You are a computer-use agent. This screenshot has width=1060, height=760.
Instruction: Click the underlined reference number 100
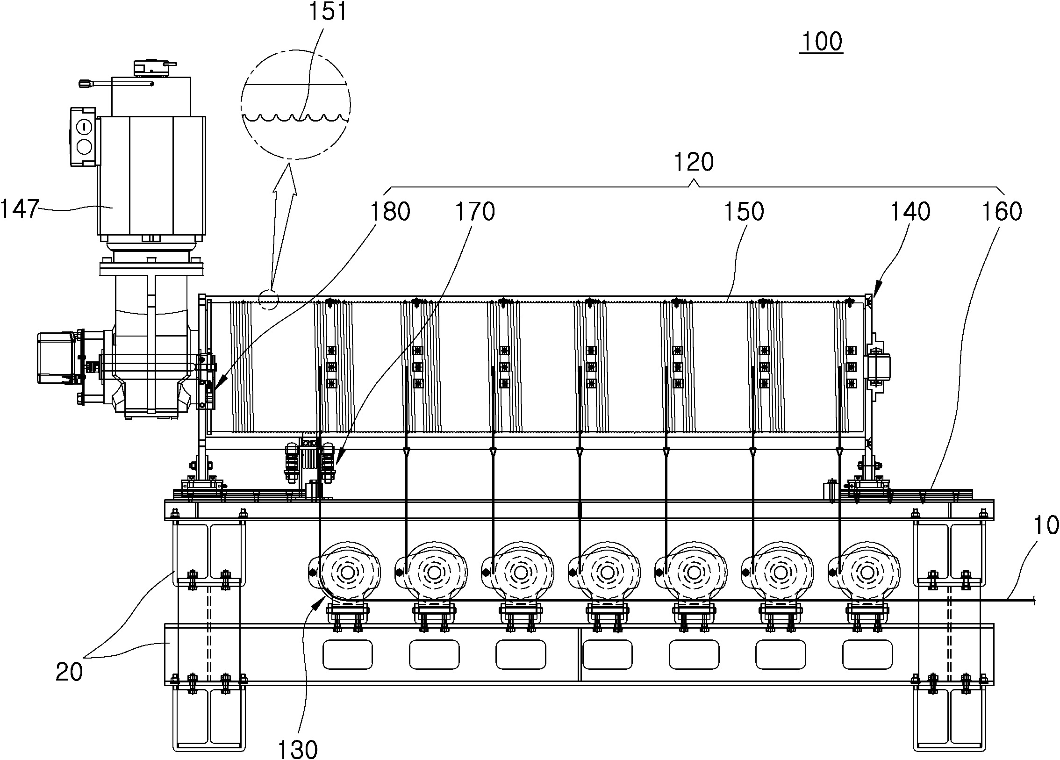(x=821, y=42)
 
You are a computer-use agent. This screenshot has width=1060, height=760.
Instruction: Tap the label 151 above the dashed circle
(x=328, y=11)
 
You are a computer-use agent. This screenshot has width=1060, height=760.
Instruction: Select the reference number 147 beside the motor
(x=19, y=208)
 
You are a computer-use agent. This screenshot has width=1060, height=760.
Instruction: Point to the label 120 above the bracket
(x=694, y=163)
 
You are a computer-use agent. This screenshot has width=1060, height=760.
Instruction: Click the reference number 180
(x=390, y=212)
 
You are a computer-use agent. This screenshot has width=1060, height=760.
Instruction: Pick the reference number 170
(x=474, y=212)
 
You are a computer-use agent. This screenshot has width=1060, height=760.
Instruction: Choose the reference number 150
(x=744, y=212)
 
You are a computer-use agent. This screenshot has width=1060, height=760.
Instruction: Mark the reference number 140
(x=910, y=212)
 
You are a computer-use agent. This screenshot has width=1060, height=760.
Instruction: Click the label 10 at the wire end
(x=1045, y=525)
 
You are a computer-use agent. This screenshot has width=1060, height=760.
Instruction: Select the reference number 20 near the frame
(x=69, y=672)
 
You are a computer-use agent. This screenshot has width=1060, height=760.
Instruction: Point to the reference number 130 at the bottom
(x=298, y=749)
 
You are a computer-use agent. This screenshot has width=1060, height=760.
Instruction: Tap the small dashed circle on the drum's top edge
(x=269, y=300)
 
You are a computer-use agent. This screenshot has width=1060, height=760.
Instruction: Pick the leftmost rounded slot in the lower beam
(x=347, y=654)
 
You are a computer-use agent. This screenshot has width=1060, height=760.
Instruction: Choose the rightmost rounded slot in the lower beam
(x=867, y=654)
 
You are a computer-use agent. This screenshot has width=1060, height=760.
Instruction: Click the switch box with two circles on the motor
(x=85, y=136)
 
